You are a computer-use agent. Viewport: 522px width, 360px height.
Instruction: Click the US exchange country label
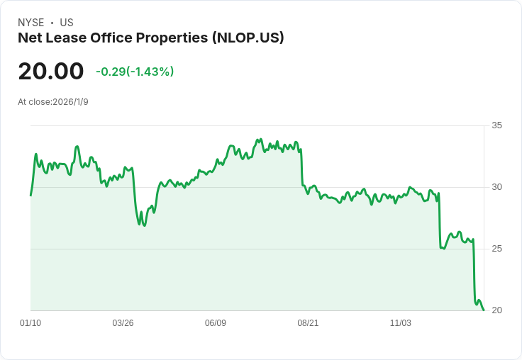click(67, 23)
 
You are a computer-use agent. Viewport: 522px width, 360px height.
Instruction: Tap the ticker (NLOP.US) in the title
click(248, 38)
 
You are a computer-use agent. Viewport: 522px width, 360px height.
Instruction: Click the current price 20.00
click(51, 72)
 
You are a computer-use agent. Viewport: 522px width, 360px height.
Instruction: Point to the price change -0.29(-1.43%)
click(135, 72)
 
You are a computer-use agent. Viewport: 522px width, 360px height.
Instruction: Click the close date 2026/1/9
click(70, 102)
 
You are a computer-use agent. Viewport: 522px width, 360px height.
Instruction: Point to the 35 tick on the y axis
click(496, 125)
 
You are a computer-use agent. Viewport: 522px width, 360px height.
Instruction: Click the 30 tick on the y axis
click(496, 187)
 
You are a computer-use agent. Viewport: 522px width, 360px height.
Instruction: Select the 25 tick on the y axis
click(496, 249)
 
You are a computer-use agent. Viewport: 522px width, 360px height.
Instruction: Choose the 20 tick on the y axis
click(496, 310)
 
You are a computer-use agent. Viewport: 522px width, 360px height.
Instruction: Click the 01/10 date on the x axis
click(30, 323)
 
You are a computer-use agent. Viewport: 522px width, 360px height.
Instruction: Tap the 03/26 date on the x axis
click(123, 323)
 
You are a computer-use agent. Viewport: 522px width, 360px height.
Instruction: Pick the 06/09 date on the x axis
click(216, 323)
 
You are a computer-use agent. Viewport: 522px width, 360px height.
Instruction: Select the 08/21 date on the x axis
click(308, 323)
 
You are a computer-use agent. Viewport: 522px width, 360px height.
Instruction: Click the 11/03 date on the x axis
click(401, 323)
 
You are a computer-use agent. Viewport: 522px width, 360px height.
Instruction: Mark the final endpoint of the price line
click(484, 310)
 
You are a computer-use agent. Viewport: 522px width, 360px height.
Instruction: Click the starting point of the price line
click(30, 196)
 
